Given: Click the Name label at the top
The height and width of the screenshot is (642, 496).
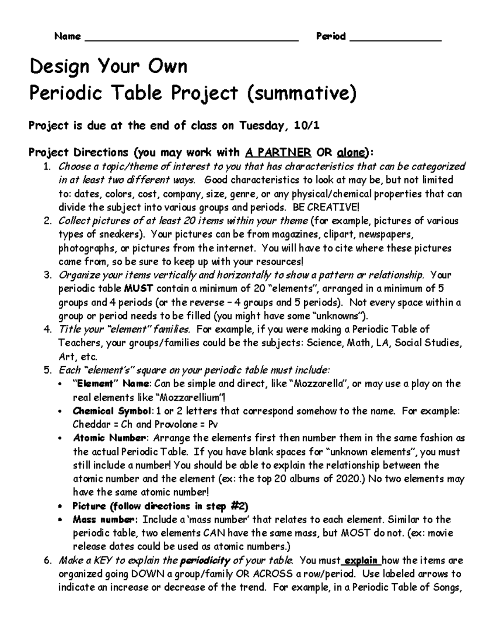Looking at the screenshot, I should coord(67,36).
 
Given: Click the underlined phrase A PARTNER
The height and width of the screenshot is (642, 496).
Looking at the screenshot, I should coord(278,153).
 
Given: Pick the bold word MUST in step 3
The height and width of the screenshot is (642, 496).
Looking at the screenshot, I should coord(139,289).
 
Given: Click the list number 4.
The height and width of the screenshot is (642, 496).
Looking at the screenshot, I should coord(47,329).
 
